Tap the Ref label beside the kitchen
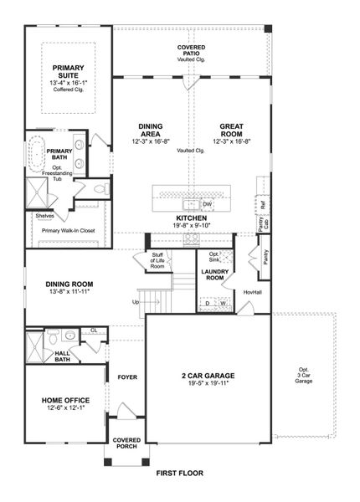click(262, 204)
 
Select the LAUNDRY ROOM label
click(216, 274)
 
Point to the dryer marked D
click(207, 303)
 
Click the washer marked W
click(224, 303)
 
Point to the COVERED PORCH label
click(127, 444)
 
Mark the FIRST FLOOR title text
click(179, 473)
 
